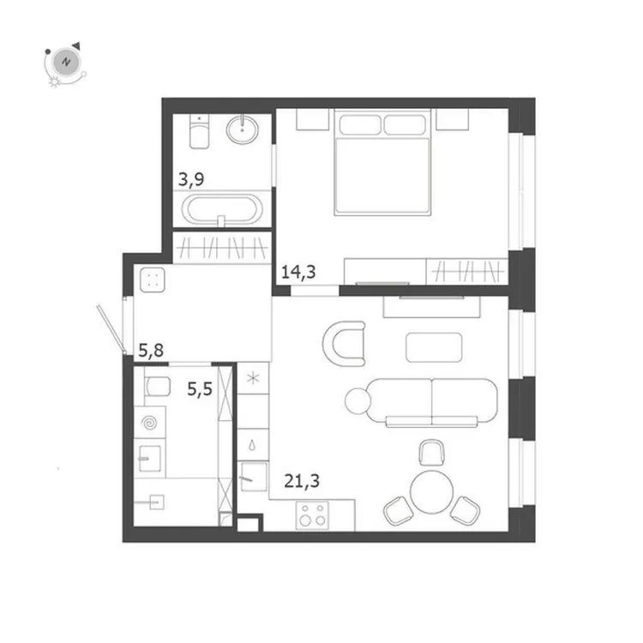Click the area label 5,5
pos(201,389)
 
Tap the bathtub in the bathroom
pos(220,211)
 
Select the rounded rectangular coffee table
pos(434,346)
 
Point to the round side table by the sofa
pos(357,400)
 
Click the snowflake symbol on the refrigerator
pos(253,378)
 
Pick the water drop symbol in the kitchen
pos(253,446)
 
